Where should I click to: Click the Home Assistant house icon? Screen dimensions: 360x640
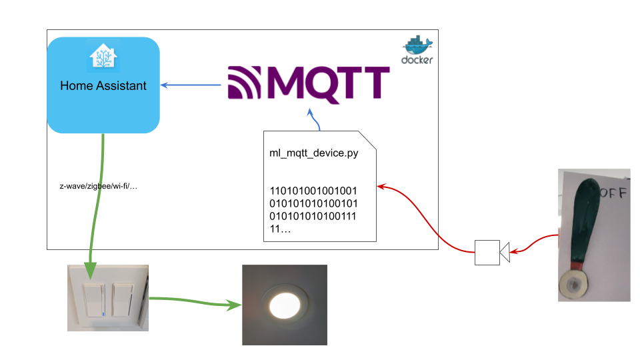coord(103,56)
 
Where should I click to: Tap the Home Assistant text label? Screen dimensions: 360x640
coord(103,85)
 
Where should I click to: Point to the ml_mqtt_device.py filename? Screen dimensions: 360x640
coord(309,153)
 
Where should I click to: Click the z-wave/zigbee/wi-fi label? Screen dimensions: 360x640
coord(98,186)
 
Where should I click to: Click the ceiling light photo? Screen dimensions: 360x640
coord(285,305)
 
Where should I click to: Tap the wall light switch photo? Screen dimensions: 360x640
coord(108,297)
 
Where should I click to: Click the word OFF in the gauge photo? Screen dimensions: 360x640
coord(613,194)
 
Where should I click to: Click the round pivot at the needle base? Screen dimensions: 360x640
coord(573,283)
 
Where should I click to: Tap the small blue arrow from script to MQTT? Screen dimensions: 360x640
coord(313,120)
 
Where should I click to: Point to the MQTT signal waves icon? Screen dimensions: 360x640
coord(247,85)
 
